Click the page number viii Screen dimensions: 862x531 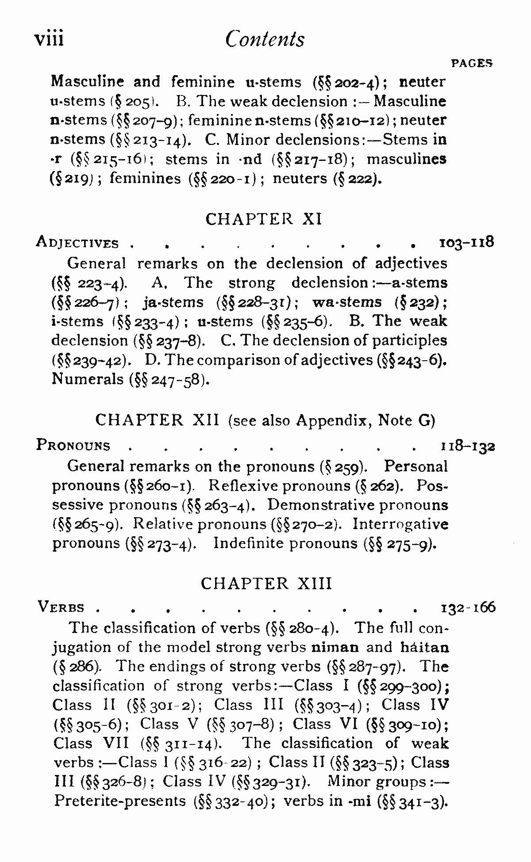pos(49,38)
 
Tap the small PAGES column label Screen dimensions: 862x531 pos(472,63)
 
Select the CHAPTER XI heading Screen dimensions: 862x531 pos(264,219)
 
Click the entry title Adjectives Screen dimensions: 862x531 pos(77,243)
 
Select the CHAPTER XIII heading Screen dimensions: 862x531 pos(266,584)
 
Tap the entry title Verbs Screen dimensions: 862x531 pos(61,607)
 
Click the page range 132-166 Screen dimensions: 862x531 pos(468,607)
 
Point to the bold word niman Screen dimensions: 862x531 pos(336,648)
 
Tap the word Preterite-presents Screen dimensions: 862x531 pos(120,801)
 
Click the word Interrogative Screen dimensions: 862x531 pos(400,524)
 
